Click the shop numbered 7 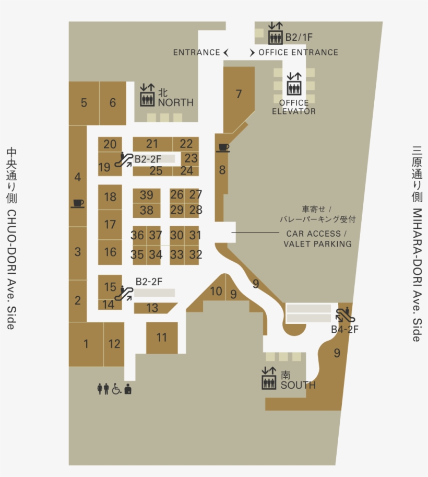click(x=239, y=95)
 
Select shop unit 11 click(x=162, y=338)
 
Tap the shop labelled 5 click(x=84, y=103)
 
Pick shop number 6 click(x=113, y=103)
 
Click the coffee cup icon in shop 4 click(x=78, y=203)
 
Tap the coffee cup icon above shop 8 click(x=223, y=148)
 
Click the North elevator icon click(x=147, y=95)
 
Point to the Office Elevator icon click(x=294, y=84)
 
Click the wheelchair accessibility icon click(x=116, y=389)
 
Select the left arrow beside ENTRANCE click(x=226, y=52)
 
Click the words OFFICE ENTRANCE click(x=298, y=52)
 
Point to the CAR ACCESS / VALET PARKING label click(x=317, y=239)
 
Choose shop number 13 click(x=152, y=308)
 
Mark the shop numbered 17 click(x=110, y=225)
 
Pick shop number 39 click(x=146, y=195)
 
